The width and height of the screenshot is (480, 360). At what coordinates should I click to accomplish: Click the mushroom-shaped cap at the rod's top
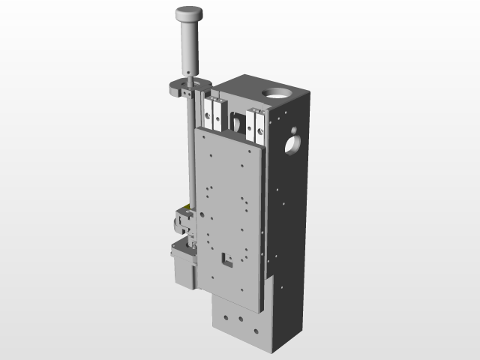(189, 13)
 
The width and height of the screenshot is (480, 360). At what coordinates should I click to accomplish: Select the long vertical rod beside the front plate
(191, 150)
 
